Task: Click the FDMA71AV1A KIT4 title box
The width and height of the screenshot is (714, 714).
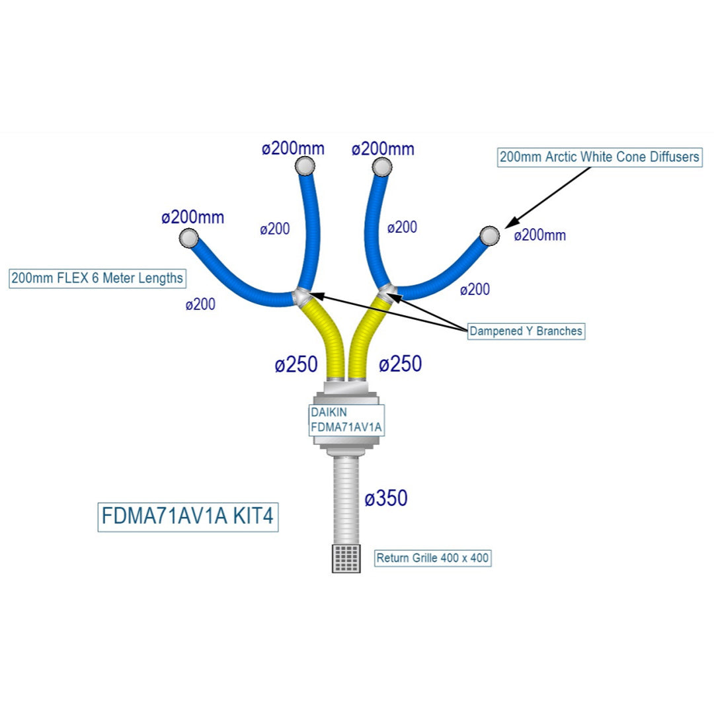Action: [x=188, y=516]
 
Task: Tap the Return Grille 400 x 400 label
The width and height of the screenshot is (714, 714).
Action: [x=433, y=558]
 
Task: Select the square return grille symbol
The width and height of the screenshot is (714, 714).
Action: [x=346, y=559]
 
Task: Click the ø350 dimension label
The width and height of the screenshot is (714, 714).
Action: [x=386, y=498]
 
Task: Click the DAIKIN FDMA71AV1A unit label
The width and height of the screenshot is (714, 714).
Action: [x=346, y=420]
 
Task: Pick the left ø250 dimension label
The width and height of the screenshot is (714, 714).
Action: [x=296, y=364]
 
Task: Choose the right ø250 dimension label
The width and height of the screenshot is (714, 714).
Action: [x=400, y=364]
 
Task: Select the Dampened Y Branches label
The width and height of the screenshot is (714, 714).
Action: [x=526, y=331]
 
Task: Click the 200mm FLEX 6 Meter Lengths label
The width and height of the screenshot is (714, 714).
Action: [x=97, y=278]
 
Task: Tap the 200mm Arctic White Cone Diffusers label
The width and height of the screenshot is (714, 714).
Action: [x=600, y=157]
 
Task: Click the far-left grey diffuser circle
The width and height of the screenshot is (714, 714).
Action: [x=188, y=237]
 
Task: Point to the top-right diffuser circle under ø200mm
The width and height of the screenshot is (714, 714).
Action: [x=381, y=167]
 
